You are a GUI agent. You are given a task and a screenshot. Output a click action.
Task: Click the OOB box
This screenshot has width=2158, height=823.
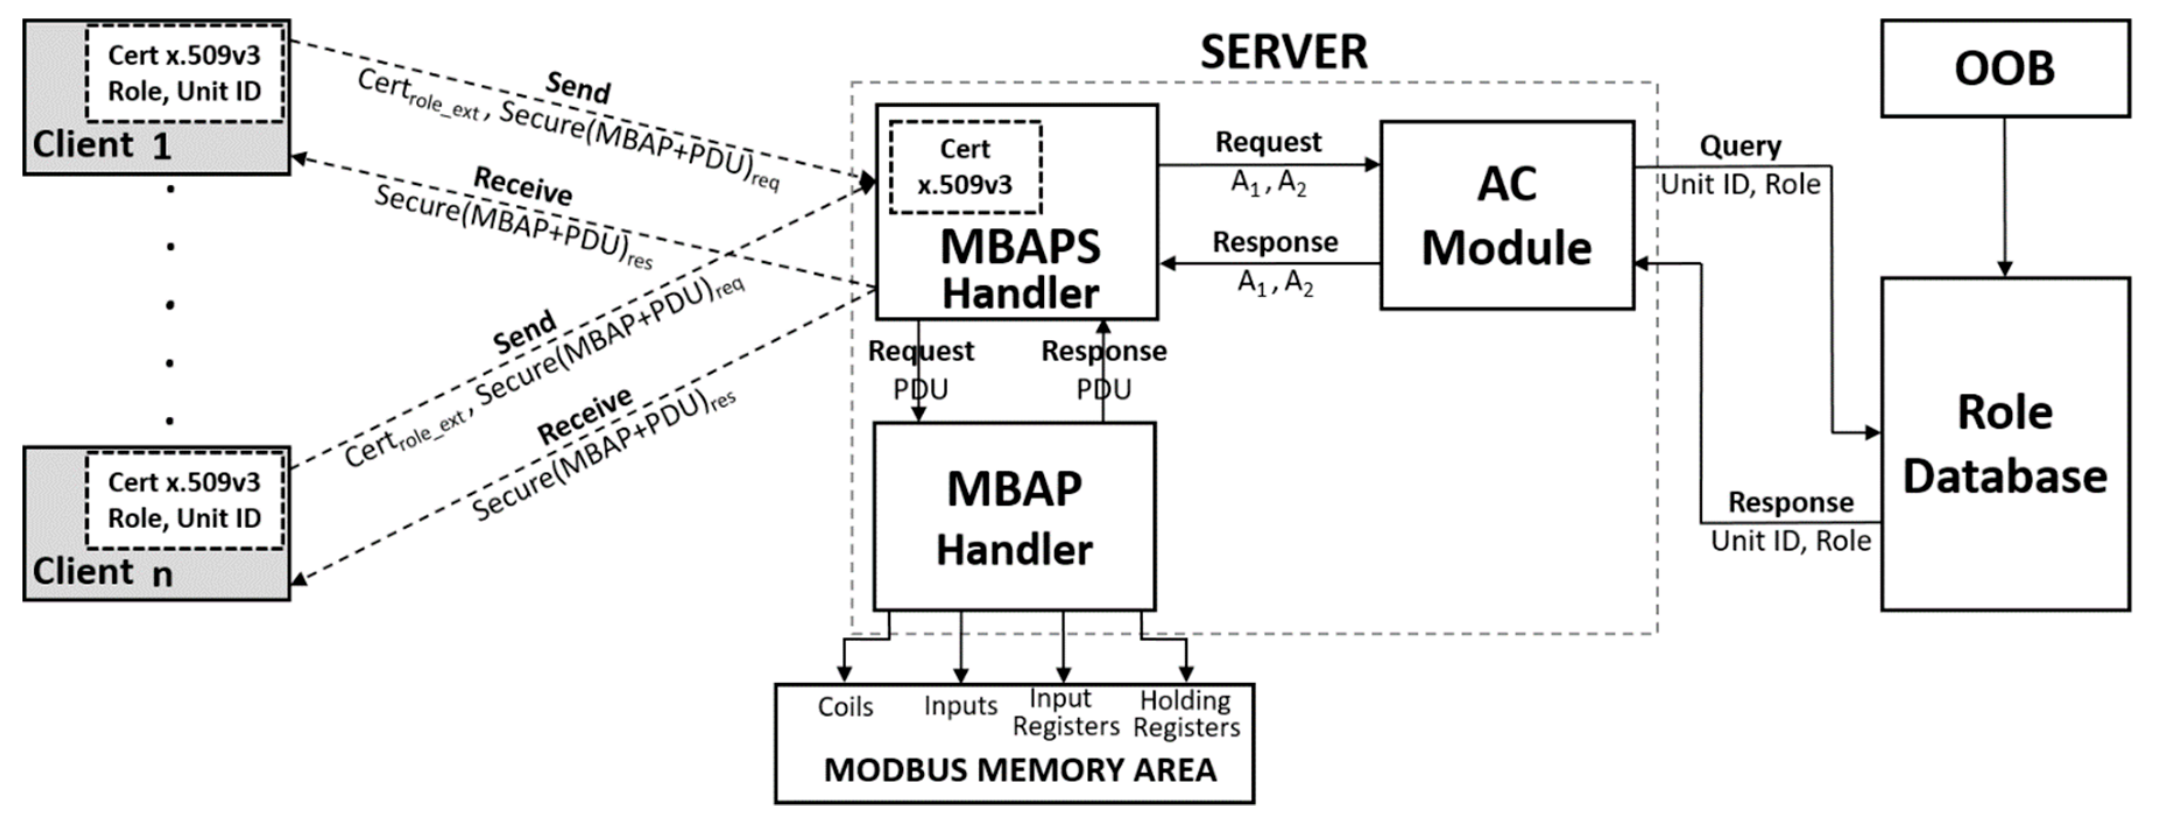pos(2005,69)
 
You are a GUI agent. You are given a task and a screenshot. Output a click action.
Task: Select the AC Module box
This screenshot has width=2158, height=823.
pos(1506,216)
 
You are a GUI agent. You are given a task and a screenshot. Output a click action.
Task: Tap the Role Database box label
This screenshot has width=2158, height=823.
pos(2005,444)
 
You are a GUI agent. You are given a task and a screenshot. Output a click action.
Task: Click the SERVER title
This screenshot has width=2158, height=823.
pos(1283,52)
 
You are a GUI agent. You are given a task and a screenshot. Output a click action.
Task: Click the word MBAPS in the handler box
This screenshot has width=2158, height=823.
pos(1019,247)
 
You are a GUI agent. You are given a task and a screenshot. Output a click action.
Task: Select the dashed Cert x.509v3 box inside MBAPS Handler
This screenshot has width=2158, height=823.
pos(965,167)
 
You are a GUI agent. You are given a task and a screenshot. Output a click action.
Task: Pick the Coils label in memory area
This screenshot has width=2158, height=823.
pos(845,708)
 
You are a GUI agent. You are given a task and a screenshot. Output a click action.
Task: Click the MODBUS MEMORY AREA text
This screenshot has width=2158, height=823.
pos(1019,770)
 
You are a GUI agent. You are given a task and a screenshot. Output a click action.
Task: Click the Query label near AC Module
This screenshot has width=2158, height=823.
pos(1740,146)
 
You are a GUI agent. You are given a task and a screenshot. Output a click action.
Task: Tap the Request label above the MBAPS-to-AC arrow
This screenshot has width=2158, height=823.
pos(1269,142)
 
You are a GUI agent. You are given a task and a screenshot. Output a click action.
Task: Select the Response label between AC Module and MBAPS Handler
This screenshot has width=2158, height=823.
pos(1275,242)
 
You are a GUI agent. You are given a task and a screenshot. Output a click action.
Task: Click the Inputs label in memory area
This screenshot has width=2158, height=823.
pos(960,706)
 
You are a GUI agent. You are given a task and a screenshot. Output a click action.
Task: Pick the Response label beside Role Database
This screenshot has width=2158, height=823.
pos(1791,503)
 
